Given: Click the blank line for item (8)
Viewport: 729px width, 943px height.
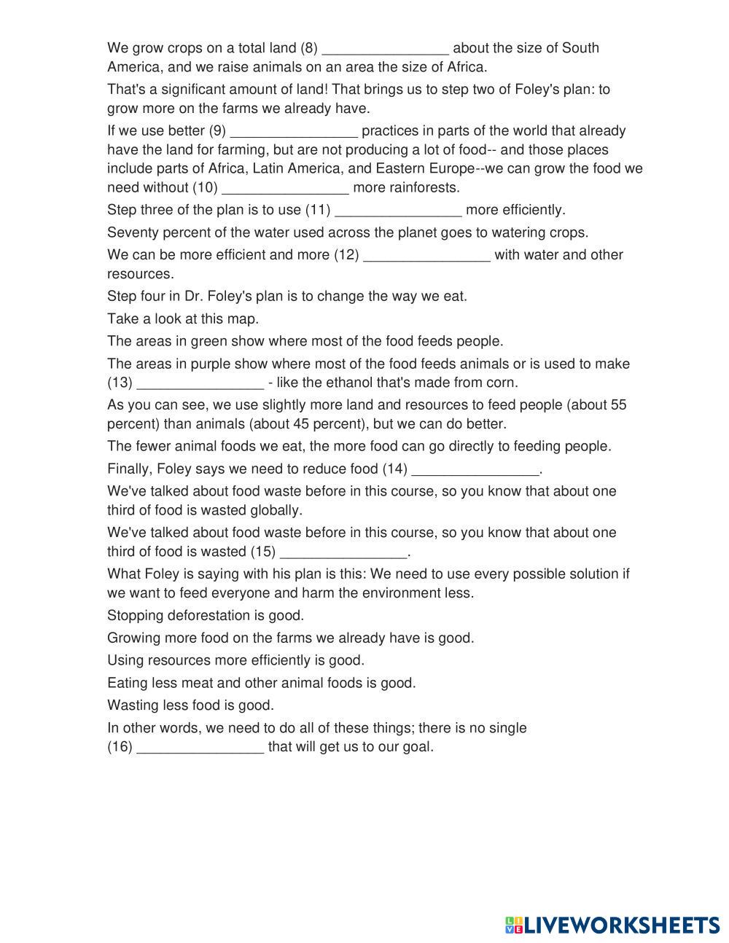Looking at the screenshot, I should point(385,49).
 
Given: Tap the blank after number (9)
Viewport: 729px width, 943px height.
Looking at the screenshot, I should point(294,132).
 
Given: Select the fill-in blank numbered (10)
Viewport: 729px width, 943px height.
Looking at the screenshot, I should point(285,188).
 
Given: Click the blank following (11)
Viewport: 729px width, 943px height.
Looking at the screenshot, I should point(398,211).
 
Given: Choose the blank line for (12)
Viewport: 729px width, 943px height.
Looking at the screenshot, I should point(426,256).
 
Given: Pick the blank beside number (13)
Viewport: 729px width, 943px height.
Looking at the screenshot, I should point(200,383).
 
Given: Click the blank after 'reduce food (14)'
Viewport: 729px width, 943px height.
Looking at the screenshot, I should point(475,469).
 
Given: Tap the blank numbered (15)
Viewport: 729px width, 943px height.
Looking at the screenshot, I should point(343,552).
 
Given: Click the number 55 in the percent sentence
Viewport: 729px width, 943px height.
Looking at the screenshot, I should point(618,404).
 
